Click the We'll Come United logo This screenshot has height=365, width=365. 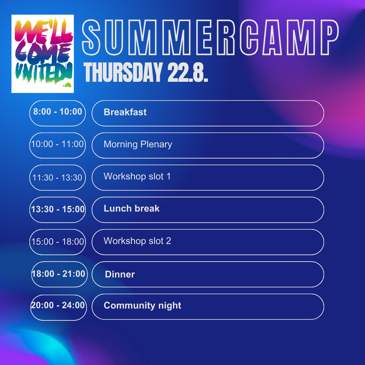(43, 54)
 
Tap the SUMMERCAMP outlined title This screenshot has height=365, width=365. (211, 38)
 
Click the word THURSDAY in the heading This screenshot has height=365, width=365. (123, 72)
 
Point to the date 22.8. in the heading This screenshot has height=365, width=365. (188, 72)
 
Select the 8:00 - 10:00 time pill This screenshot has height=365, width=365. (57, 113)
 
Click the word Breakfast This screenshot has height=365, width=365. (125, 112)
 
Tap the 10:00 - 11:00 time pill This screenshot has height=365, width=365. (57, 145)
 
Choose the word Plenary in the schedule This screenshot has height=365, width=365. (156, 145)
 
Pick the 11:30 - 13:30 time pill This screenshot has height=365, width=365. (57, 178)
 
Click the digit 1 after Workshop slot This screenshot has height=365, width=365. (169, 176)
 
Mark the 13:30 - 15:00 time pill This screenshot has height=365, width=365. (57, 210)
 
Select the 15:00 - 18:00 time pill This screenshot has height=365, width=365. (57, 242)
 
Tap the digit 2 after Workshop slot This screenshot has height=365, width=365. (169, 241)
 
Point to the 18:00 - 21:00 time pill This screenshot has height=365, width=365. (59, 274)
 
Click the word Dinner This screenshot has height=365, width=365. (120, 274)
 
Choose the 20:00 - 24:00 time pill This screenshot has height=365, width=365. (58, 308)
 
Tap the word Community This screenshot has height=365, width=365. (129, 306)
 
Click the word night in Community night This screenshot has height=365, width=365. (170, 306)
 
